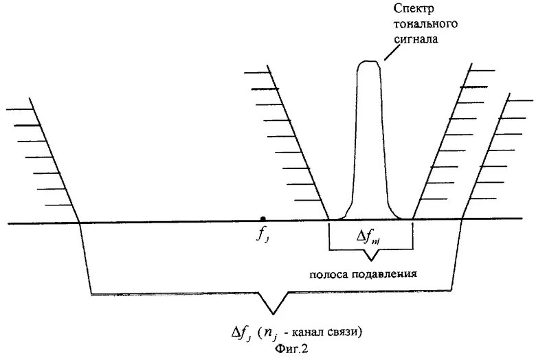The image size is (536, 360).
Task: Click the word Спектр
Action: pos(412,8)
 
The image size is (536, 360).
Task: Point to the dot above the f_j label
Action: pos(263,218)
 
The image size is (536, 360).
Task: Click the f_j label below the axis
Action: pos(263,234)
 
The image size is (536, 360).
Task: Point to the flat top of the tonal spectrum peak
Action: pos(369,63)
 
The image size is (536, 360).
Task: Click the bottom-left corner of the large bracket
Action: pos(91,294)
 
